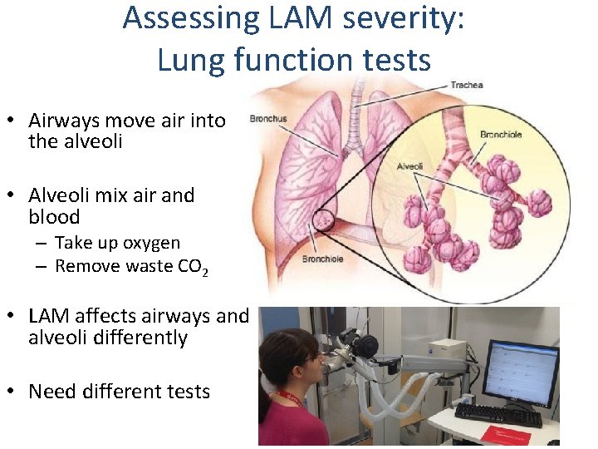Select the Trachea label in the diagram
(x=466, y=85)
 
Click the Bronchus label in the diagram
(x=267, y=119)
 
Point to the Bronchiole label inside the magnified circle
(x=501, y=134)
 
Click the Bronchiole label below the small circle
(x=324, y=259)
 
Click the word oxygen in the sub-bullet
(x=151, y=243)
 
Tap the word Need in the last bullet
(x=52, y=391)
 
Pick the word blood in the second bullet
(x=54, y=217)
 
